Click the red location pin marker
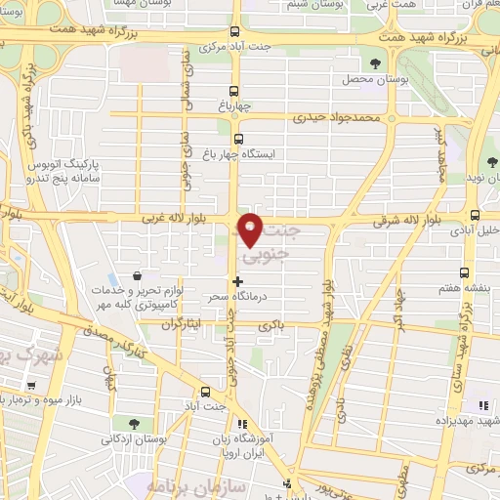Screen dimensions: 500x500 tap(250, 229)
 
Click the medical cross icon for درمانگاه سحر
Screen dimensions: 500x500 tap(237, 280)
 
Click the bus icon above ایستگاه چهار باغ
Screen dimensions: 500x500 tap(238, 139)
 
